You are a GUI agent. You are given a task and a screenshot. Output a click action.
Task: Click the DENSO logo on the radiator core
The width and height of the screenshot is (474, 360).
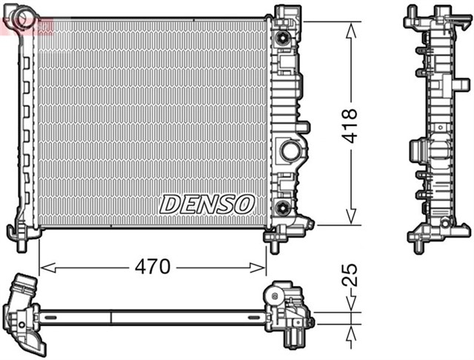(207, 202)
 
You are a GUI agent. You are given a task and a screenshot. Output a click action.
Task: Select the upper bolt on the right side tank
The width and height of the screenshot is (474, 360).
(283, 39)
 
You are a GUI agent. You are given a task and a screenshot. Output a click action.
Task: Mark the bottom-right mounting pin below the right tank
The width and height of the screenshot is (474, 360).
(274, 241)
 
